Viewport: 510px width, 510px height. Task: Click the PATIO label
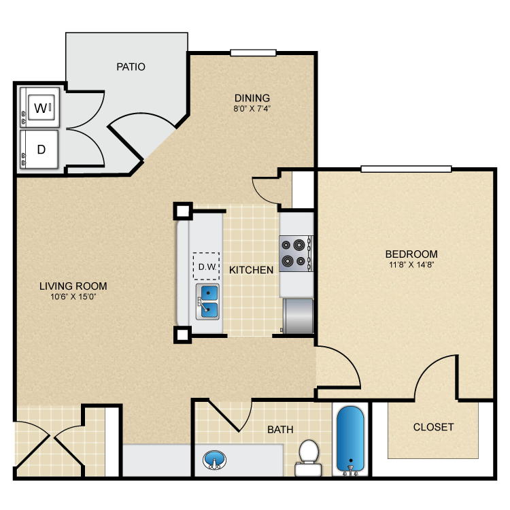tap(131, 67)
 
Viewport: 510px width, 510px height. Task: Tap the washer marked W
tap(41, 107)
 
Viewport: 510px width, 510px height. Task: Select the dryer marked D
tap(41, 149)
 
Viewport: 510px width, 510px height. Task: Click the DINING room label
tap(252, 97)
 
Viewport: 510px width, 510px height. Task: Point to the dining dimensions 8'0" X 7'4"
tap(252, 107)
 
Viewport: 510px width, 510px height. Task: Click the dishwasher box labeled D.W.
tap(206, 267)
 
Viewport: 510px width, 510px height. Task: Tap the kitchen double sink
tap(209, 302)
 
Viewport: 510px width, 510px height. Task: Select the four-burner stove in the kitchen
tap(296, 252)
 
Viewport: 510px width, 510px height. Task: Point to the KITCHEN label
tap(251, 270)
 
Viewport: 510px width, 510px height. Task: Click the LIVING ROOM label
tap(73, 286)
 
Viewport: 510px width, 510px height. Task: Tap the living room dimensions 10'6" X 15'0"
tap(73, 297)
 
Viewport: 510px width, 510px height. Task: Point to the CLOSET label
tap(433, 427)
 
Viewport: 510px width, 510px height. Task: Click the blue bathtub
tap(351, 439)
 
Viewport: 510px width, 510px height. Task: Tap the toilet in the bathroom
tap(309, 457)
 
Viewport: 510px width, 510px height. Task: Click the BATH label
tap(280, 430)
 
